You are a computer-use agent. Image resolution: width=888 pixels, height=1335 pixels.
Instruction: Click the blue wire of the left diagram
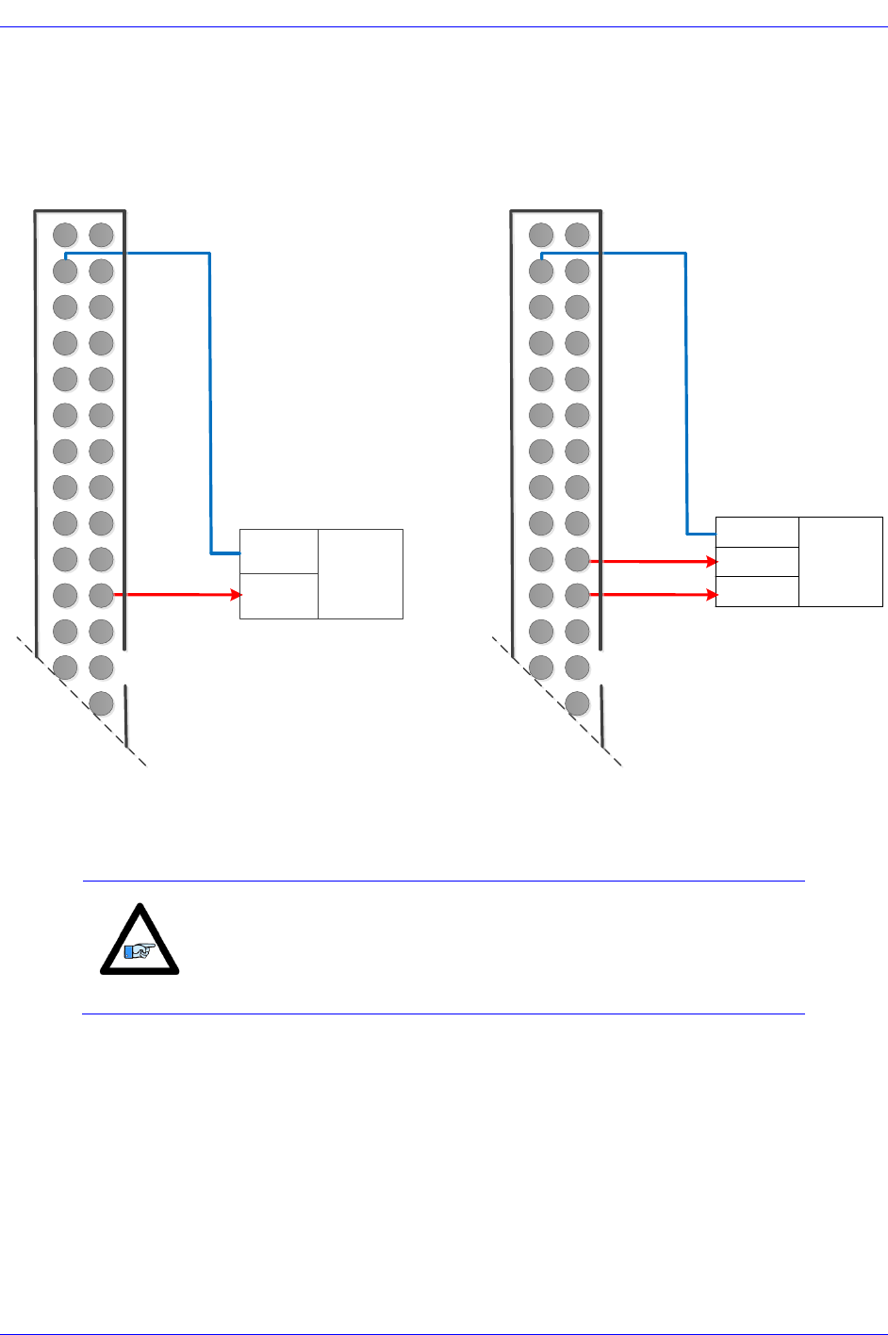(209, 396)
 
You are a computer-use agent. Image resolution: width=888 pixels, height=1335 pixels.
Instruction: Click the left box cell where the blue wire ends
(279, 552)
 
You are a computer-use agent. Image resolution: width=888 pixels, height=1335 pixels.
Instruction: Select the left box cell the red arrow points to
(279, 596)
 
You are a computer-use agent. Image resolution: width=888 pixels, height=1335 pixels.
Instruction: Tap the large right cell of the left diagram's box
(360, 574)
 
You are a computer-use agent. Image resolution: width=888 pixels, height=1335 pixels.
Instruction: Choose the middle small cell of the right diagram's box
(757, 562)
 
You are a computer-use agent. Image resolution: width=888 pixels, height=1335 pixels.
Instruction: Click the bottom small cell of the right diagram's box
(757, 591)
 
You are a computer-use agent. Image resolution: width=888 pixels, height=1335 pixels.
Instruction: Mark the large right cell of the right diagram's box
(840, 561)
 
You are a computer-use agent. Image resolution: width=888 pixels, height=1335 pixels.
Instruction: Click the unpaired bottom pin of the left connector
(101, 703)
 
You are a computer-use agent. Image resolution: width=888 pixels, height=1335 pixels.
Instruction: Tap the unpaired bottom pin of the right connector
(577, 703)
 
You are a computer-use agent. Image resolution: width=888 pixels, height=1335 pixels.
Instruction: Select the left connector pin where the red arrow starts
(101, 595)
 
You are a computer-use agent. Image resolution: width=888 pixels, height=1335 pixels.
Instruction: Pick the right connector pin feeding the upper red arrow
(577, 559)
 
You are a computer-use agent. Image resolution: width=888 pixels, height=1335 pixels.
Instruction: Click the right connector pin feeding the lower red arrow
(577, 595)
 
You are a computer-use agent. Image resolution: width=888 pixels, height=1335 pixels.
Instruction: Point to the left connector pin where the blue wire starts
(65, 271)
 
